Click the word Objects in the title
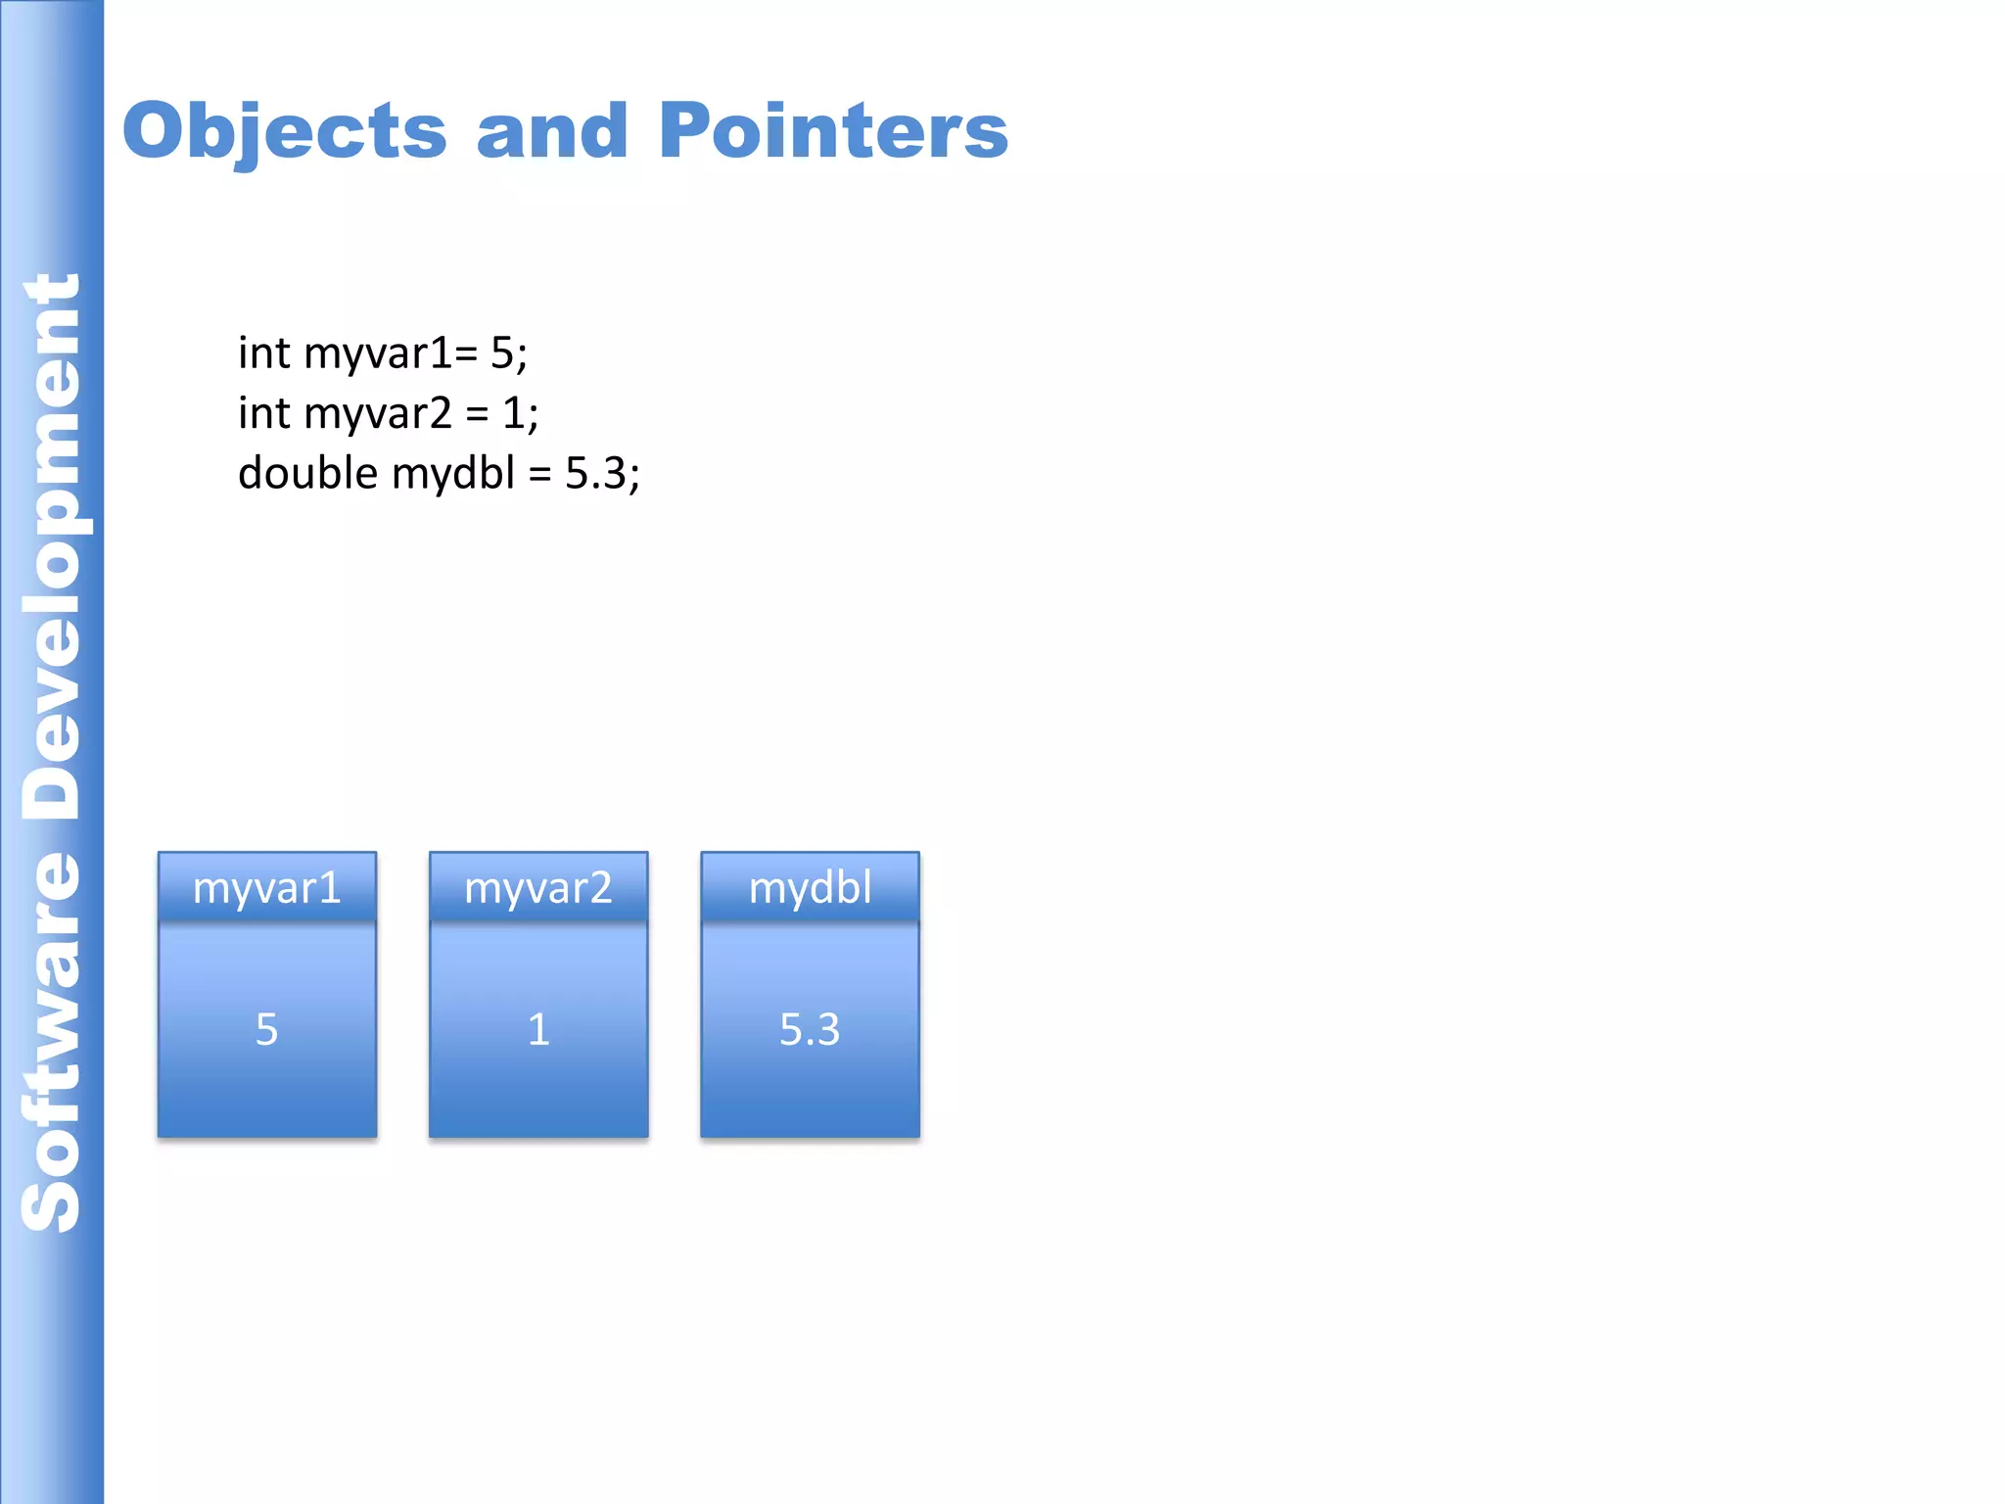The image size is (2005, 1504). click(x=284, y=131)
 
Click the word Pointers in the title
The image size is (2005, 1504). click(x=832, y=131)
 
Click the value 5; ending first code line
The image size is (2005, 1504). click(x=508, y=353)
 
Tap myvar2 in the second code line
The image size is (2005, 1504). click(x=378, y=414)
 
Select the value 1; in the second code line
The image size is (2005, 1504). click(x=520, y=414)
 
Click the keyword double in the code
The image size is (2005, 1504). click(x=307, y=474)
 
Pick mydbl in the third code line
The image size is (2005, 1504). click(x=452, y=474)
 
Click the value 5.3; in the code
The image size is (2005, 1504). click(x=602, y=474)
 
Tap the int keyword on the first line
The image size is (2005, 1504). click(x=264, y=353)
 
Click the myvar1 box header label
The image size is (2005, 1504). click(x=266, y=888)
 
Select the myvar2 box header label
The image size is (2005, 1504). click(x=537, y=888)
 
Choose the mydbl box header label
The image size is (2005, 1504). click(x=810, y=888)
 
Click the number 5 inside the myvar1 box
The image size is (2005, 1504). click(x=266, y=1030)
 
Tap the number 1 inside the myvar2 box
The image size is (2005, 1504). click(x=538, y=1030)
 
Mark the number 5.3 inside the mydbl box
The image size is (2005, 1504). click(x=810, y=1030)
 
